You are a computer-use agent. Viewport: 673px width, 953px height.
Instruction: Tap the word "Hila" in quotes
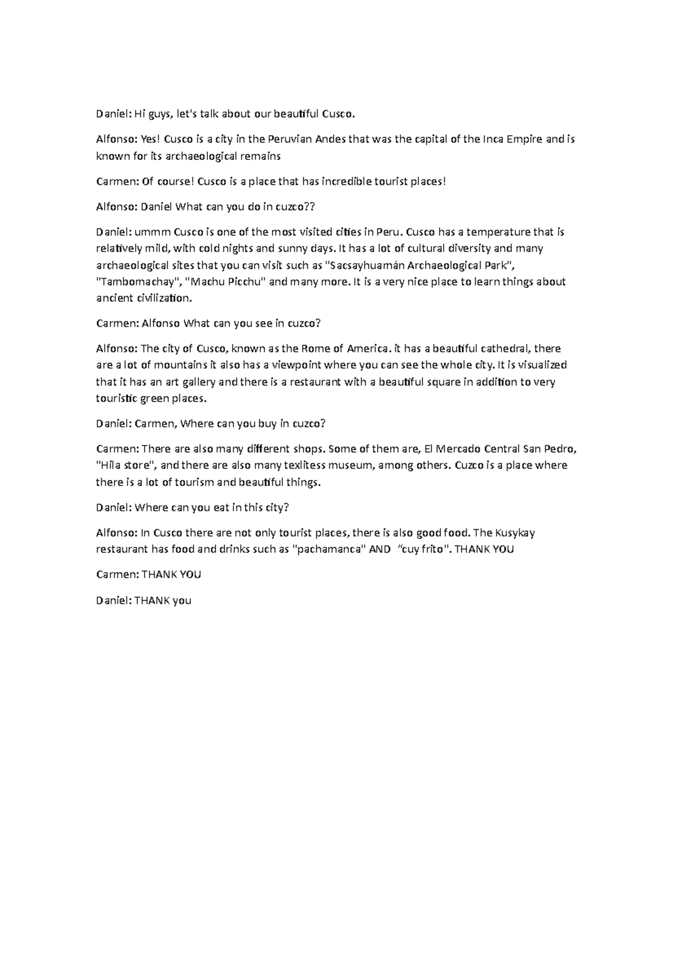(x=110, y=465)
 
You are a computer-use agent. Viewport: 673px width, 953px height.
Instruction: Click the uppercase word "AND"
(x=380, y=549)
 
